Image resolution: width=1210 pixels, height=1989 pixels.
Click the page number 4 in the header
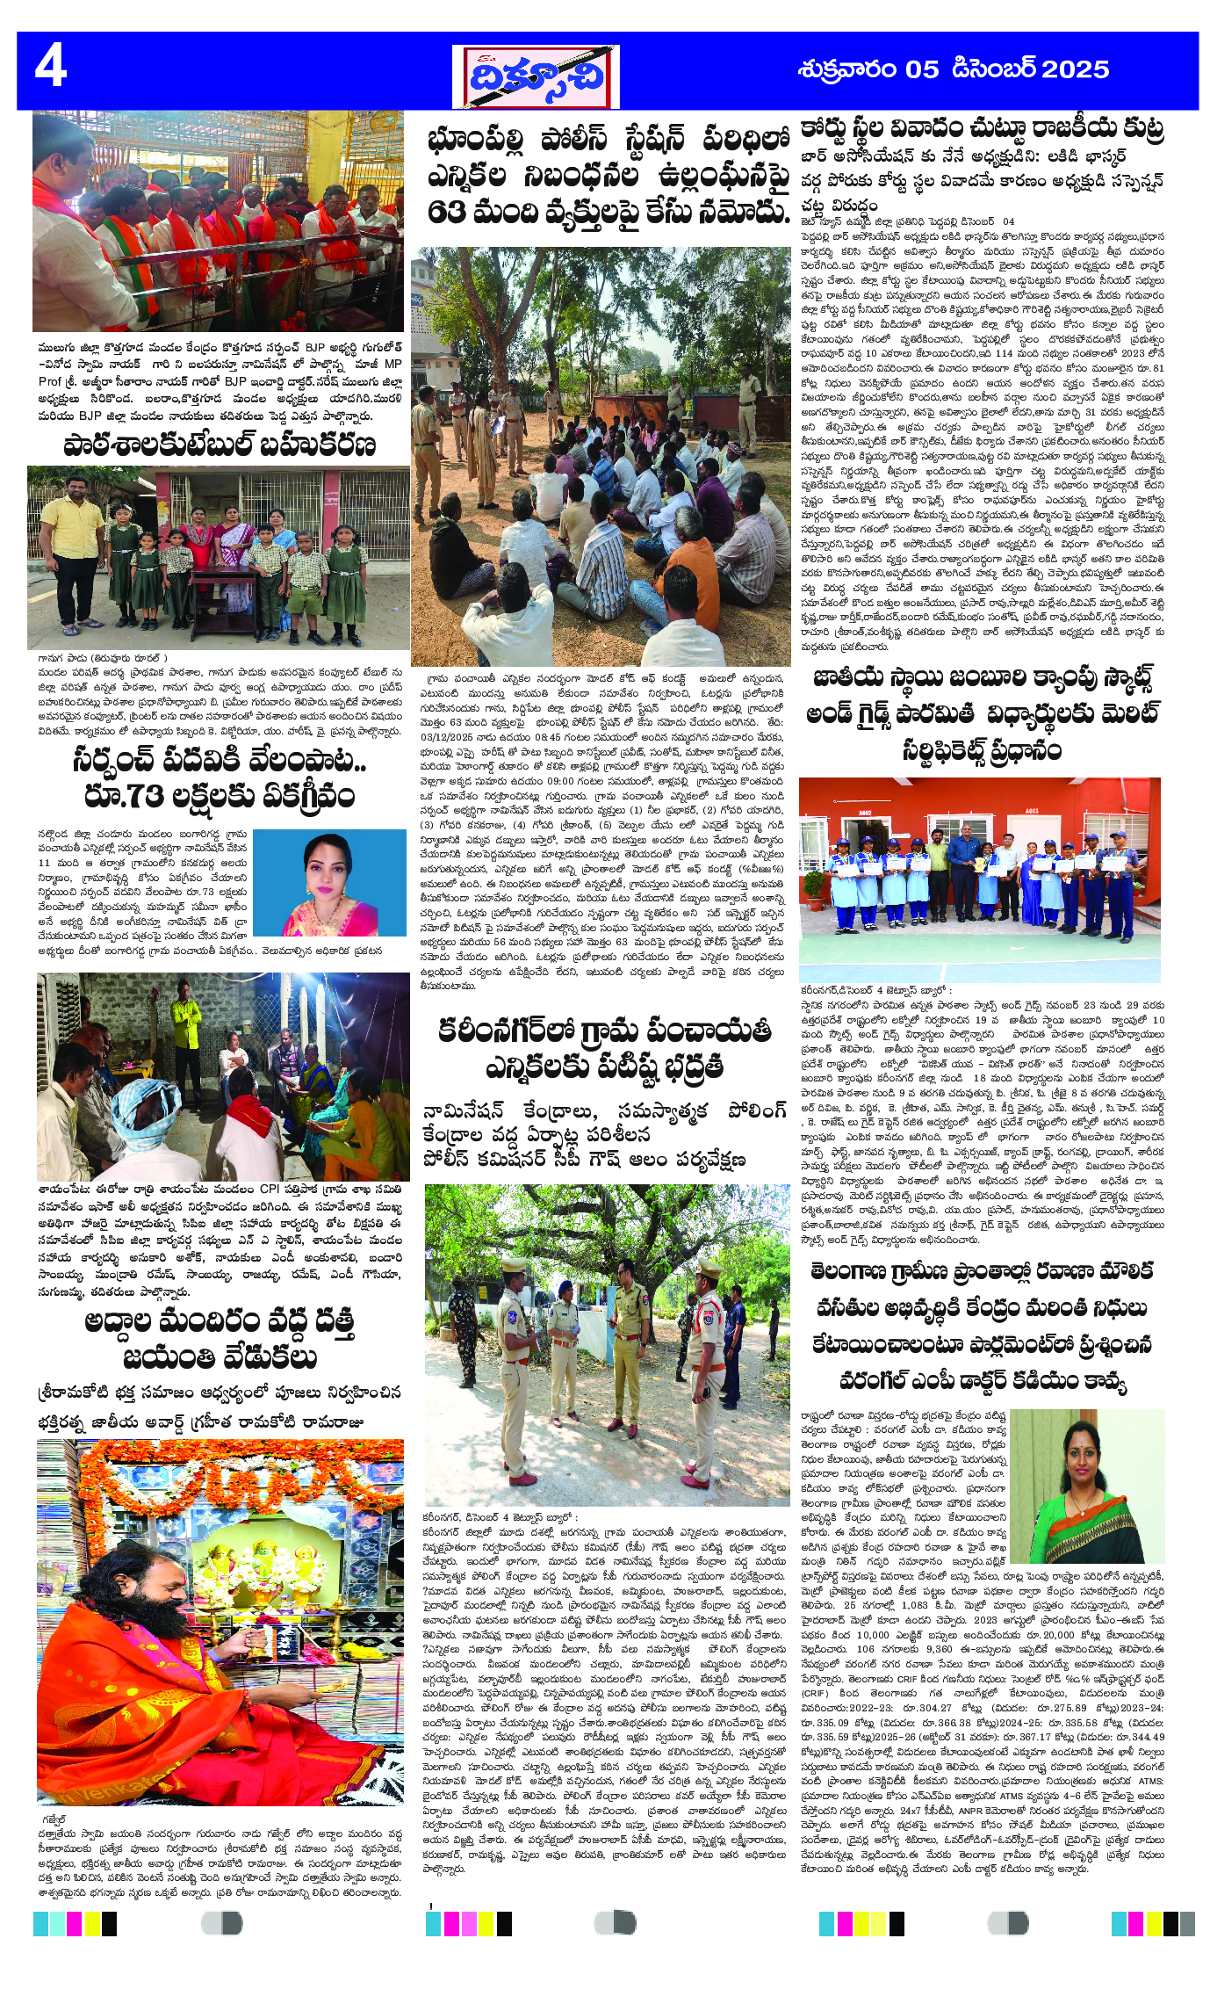coord(51,69)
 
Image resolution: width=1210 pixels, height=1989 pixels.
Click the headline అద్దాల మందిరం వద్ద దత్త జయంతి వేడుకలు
coord(219,1340)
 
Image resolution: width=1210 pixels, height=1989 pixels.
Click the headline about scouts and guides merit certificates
coord(981,713)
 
